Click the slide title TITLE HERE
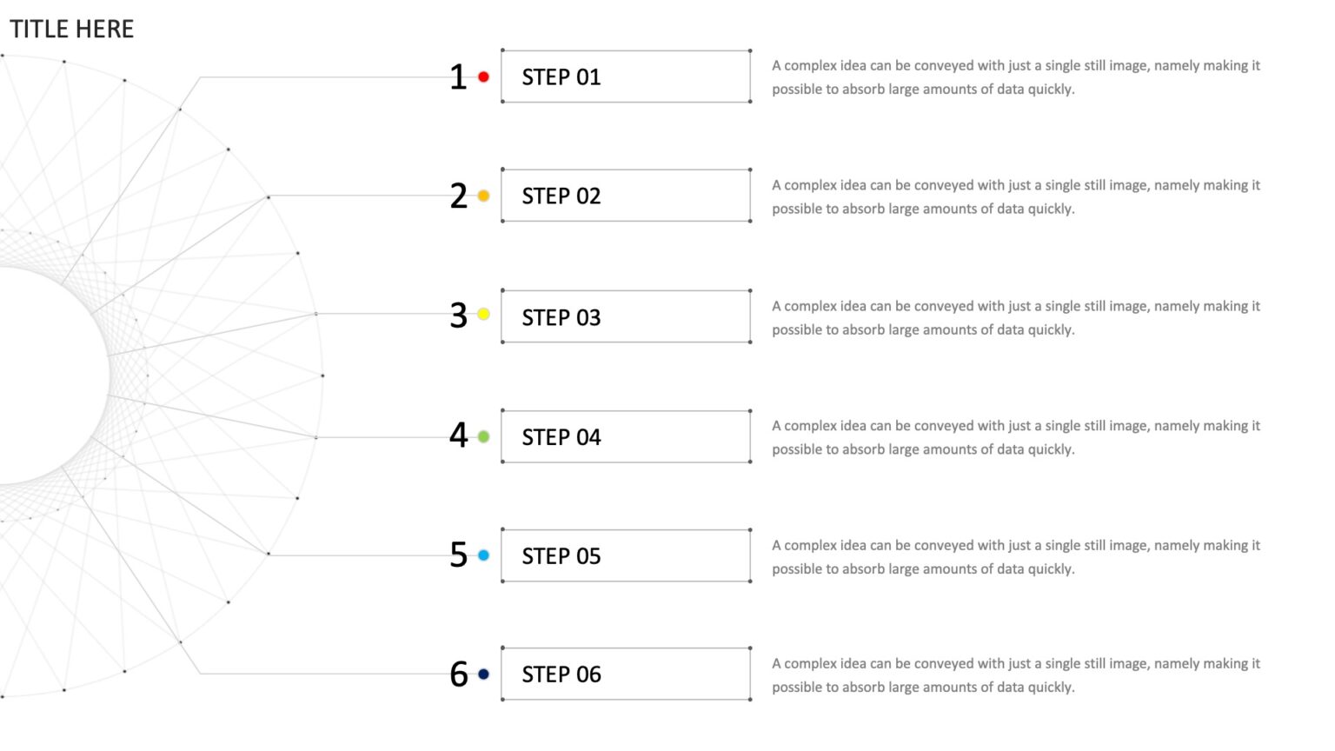pos(71,29)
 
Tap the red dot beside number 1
pos(483,76)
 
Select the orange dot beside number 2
pos(483,196)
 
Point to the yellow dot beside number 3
pos(483,314)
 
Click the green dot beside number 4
pos(483,437)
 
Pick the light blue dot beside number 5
pos(483,555)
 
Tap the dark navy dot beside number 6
pos(483,675)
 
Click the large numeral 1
pos(458,76)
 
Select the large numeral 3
pos(458,316)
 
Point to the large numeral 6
pos(458,675)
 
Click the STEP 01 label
pos(561,76)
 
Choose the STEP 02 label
pos(561,196)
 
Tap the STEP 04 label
pos(561,437)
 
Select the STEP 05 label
pos(561,556)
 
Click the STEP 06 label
pos(561,675)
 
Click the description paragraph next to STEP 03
pos(1016,317)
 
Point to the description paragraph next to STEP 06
pos(1016,675)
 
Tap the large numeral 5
pos(458,555)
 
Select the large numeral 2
pos(458,196)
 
